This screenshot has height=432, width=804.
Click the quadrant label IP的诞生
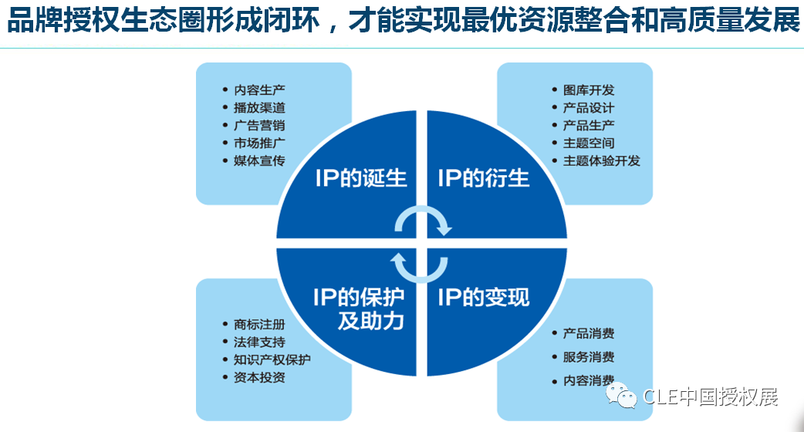pyautogui.click(x=361, y=178)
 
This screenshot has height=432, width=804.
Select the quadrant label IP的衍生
pyautogui.click(x=484, y=178)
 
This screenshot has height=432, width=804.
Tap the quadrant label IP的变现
pyautogui.click(x=484, y=297)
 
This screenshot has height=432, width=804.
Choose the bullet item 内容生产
pyautogui.click(x=259, y=90)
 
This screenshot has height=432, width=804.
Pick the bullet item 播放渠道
pyautogui.click(x=259, y=108)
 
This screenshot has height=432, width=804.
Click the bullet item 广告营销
pyautogui.click(x=259, y=126)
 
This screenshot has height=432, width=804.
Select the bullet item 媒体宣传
pyautogui.click(x=259, y=161)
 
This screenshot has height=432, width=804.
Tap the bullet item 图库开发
pyautogui.click(x=589, y=90)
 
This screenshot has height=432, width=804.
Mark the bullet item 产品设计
pyautogui.click(x=589, y=108)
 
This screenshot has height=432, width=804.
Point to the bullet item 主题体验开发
pyautogui.click(x=602, y=161)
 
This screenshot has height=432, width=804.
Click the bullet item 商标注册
pyautogui.click(x=259, y=324)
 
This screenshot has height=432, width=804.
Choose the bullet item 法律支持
pyautogui.click(x=259, y=342)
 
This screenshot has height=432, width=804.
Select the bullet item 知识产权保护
pyautogui.click(x=272, y=359)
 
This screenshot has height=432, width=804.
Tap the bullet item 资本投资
pyautogui.click(x=259, y=378)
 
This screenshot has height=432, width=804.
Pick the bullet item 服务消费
pyautogui.click(x=589, y=357)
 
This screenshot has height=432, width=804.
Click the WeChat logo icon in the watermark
pyautogui.click(x=621, y=395)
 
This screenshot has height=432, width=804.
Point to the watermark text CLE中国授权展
pyautogui.click(x=711, y=397)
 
